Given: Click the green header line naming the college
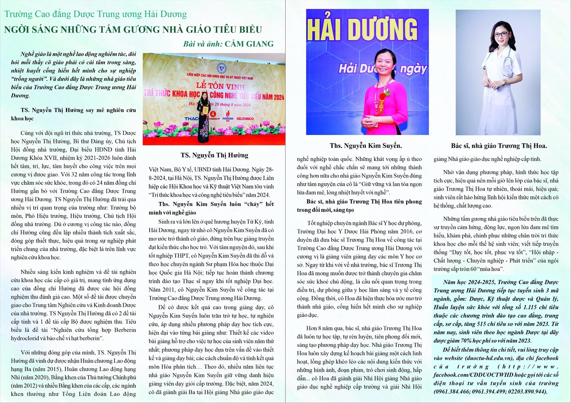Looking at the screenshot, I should (x=95, y=14).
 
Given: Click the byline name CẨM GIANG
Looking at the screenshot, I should (x=249, y=44).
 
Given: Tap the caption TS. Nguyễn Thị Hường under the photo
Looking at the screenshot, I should (x=214, y=155).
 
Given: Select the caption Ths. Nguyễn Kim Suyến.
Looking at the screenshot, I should (x=365, y=145).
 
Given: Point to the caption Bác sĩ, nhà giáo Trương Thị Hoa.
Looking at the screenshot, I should (x=499, y=145).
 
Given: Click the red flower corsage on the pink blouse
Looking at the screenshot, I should (x=382, y=95).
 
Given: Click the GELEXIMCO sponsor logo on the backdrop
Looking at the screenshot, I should (x=245, y=118).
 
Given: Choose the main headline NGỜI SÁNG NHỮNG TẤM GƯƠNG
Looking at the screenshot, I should (x=133, y=30).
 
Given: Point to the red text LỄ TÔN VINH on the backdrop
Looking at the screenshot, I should (x=214, y=86).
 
